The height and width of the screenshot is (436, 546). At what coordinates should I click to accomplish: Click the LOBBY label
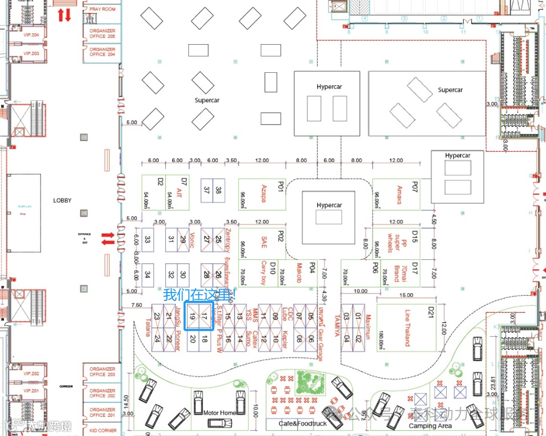(x=62, y=200)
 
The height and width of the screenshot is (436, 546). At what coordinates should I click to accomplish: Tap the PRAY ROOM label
(x=102, y=9)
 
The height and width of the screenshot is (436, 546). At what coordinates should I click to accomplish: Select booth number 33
(x=148, y=240)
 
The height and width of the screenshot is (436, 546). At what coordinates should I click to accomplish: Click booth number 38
(x=218, y=190)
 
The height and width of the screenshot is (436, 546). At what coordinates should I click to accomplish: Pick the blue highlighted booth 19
(x=192, y=316)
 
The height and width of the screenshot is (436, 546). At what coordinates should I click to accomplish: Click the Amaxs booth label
(x=399, y=194)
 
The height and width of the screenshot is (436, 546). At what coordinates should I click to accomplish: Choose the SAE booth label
(x=264, y=242)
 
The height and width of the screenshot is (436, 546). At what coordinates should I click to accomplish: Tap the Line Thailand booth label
(x=407, y=328)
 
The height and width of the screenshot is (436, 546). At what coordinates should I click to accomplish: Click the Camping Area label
(x=430, y=426)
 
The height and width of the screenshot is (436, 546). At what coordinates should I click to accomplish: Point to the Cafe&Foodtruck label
(x=303, y=424)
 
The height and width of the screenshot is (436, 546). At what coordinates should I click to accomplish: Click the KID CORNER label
(x=103, y=430)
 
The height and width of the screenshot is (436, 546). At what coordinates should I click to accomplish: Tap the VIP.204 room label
(x=31, y=35)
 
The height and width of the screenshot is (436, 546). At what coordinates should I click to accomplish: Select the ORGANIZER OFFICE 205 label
(x=102, y=33)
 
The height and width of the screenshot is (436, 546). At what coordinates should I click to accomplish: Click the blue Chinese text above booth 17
(x=199, y=295)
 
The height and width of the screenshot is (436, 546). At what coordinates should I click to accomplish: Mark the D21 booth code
(x=431, y=312)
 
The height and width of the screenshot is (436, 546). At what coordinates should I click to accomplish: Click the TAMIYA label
(x=337, y=326)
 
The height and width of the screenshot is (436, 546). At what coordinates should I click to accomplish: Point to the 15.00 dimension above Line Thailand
(x=406, y=296)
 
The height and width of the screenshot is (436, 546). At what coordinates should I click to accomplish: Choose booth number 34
(x=148, y=274)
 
